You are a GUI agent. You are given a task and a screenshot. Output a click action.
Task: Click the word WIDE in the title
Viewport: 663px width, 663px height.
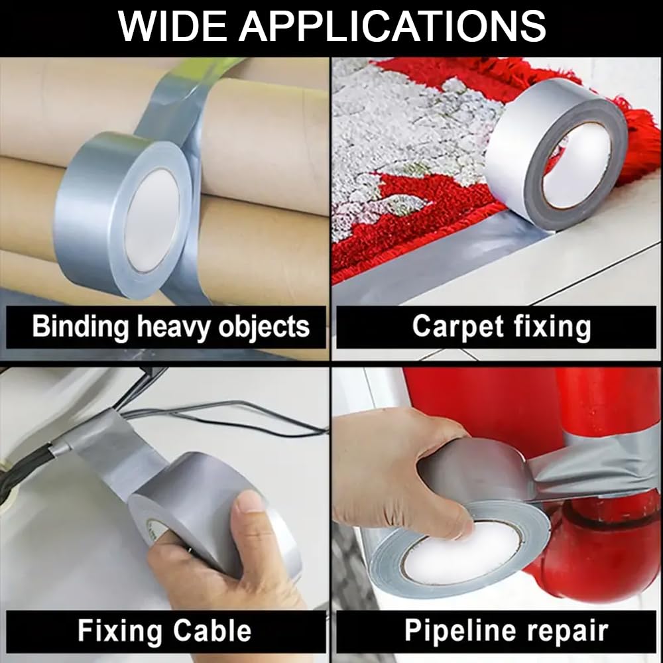click(x=173, y=27)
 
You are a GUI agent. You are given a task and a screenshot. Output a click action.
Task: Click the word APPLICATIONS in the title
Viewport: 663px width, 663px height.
click(x=392, y=27)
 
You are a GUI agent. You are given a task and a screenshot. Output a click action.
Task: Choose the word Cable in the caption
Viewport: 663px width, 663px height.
click(x=212, y=631)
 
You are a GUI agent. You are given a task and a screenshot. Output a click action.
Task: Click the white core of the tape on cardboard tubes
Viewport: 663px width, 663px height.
click(x=152, y=220)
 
